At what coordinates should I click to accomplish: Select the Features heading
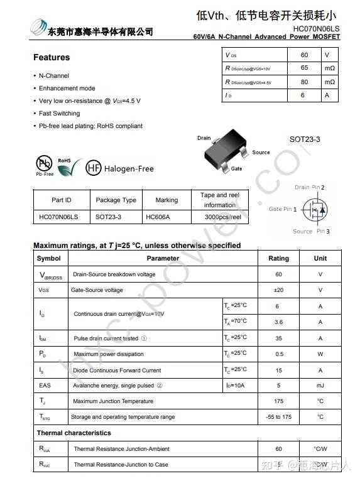[x=52, y=57]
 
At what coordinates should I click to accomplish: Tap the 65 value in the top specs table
[x=304, y=68]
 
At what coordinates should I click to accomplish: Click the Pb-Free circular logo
[x=44, y=164]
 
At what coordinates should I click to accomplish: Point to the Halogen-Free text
[x=129, y=168]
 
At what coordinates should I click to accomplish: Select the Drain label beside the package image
[x=204, y=138]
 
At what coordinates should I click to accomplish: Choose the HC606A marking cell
[x=158, y=217]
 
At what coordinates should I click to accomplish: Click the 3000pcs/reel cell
[x=223, y=217]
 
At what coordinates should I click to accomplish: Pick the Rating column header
[x=278, y=258]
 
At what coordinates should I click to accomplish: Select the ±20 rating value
[x=278, y=290]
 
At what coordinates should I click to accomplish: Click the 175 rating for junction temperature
[x=278, y=401]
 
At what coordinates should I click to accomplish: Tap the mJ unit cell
[x=320, y=386]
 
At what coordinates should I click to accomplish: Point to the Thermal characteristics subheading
[x=74, y=433]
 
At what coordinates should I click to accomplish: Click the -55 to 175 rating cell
[x=278, y=417]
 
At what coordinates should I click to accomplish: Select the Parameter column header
[x=163, y=258]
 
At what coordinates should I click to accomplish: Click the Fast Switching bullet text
[x=59, y=114]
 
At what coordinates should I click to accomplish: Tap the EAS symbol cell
[x=45, y=386]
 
